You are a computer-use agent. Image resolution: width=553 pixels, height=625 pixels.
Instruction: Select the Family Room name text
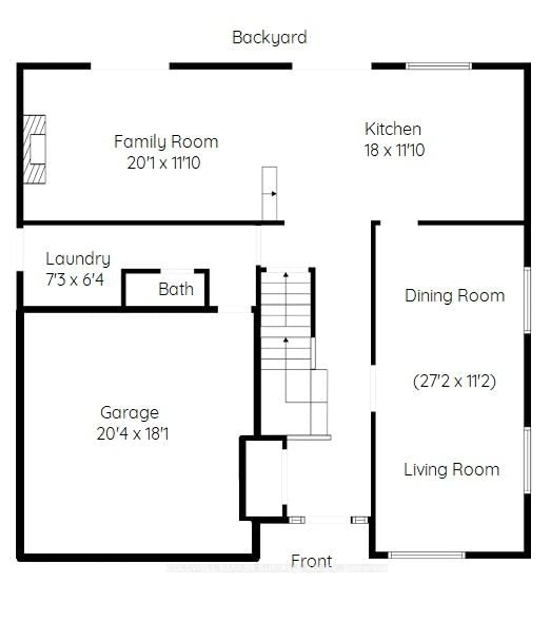tap(166, 142)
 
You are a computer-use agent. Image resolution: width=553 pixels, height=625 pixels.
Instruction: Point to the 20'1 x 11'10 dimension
tap(164, 163)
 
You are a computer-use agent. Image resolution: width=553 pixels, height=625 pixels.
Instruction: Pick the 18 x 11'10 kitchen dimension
tap(394, 150)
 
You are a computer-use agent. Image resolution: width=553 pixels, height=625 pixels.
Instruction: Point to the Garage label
tap(130, 413)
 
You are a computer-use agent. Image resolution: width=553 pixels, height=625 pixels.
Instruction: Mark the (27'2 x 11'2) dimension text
tap(454, 381)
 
